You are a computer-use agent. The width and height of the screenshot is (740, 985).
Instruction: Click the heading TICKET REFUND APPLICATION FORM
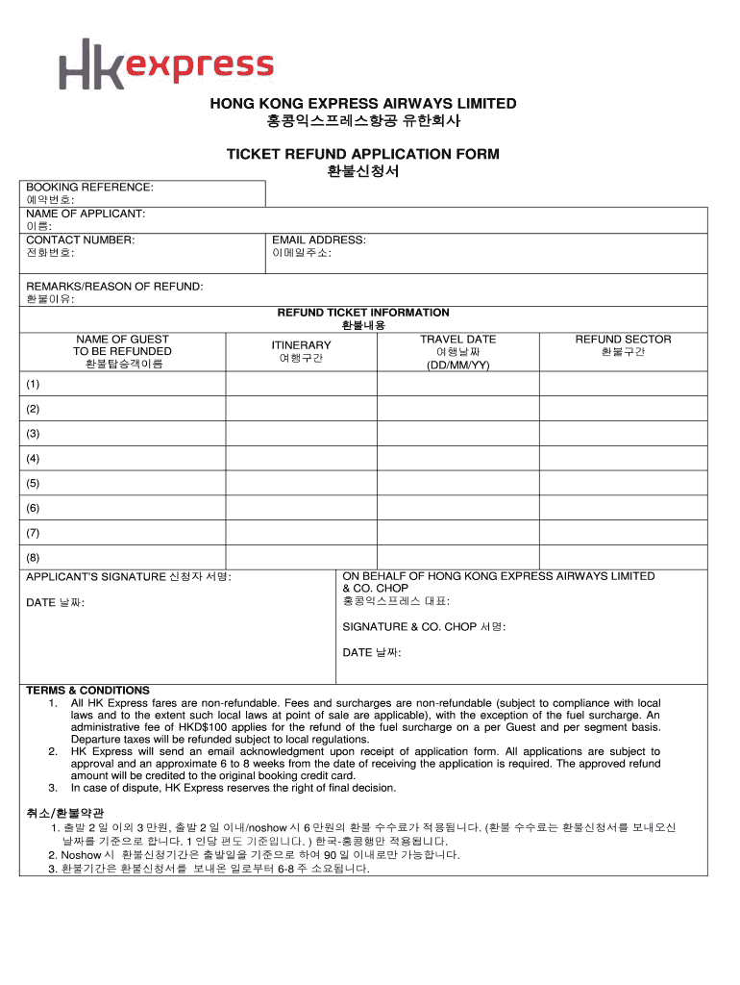pos(362,154)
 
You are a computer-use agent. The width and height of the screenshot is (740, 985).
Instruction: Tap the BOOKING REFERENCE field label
pos(89,187)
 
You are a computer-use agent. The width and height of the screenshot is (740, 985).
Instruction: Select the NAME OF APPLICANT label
pos(86,213)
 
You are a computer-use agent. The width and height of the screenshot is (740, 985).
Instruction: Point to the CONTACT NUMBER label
pos(80,240)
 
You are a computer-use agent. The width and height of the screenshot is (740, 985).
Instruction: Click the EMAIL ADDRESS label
pos(318,240)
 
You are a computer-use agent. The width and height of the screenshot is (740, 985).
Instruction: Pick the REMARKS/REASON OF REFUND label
pos(114,287)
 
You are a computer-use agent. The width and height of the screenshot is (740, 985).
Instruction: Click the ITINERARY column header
pos(301,345)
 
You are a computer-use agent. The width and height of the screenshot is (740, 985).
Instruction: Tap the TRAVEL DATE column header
pos(457,340)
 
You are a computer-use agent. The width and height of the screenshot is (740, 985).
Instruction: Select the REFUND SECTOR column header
pos(623,340)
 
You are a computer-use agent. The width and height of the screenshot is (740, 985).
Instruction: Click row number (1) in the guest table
pos(34,384)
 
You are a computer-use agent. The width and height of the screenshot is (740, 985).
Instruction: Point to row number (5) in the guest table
pos(34,483)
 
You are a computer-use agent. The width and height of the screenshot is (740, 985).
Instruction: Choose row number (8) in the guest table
pos(34,557)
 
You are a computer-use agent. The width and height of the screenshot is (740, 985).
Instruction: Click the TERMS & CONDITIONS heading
pos(87,691)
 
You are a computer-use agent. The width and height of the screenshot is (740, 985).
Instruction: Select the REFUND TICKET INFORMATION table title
pos(363,313)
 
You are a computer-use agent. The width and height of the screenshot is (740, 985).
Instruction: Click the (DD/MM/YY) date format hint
pos(458,366)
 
